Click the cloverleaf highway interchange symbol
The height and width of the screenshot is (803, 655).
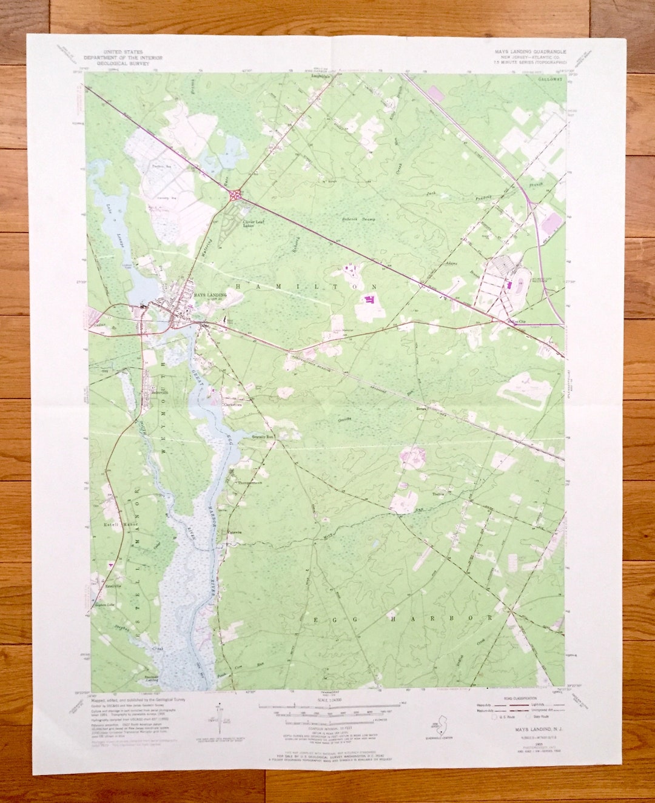point(235,195)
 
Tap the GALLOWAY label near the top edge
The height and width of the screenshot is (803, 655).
point(549,79)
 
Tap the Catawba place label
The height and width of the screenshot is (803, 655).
point(234,533)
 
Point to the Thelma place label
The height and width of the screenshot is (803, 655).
point(438,494)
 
